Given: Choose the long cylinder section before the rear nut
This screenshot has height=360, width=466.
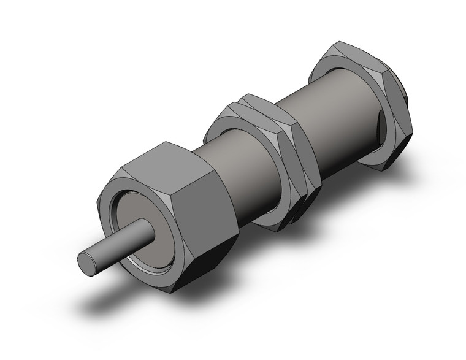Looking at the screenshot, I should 334,123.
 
